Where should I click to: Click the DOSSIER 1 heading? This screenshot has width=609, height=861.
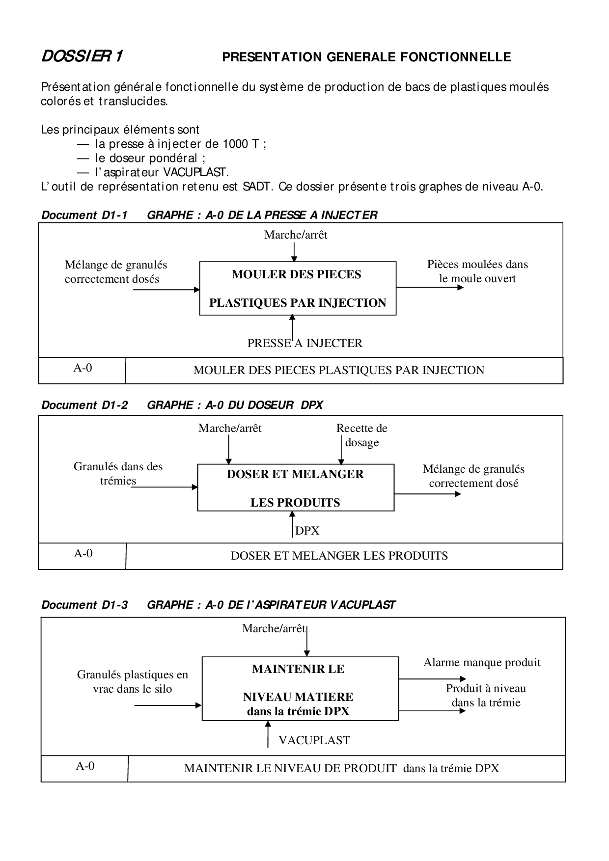(x=82, y=57)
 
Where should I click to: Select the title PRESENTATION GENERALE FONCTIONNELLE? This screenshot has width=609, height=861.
(x=366, y=57)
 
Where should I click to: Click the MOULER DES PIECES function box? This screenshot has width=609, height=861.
(x=298, y=288)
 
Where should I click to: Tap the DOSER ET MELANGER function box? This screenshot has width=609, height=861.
(x=295, y=488)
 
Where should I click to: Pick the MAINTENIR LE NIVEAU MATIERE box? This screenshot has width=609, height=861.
(x=300, y=689)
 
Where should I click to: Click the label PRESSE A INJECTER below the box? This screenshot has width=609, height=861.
(x=304, y=343)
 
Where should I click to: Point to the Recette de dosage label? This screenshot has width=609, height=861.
(x=362, y=435)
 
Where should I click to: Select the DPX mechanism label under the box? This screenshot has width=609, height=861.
(x=307, y=531)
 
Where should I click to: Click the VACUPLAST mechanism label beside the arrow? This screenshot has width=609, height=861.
(x=314, y=740)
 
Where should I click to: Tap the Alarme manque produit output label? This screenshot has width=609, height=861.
(x=482, y=662)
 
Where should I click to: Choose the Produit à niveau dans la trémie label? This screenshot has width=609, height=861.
(x=486, y=695)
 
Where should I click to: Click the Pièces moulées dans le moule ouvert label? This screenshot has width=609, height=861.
(x=477, y=271)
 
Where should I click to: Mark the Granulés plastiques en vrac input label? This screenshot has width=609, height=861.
(x=133, y=681)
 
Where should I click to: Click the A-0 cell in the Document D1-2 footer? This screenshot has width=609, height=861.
(x=83, y=554)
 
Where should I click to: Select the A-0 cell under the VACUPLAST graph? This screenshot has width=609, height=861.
(x=85, y=766)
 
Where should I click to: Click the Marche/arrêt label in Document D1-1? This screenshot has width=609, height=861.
(x=296, y=235)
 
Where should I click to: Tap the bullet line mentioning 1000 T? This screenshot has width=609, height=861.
(x=180, y=144)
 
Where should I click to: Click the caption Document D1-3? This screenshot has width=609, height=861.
(x=84, y=605)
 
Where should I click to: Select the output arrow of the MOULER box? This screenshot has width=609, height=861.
(x=430, y=287)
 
